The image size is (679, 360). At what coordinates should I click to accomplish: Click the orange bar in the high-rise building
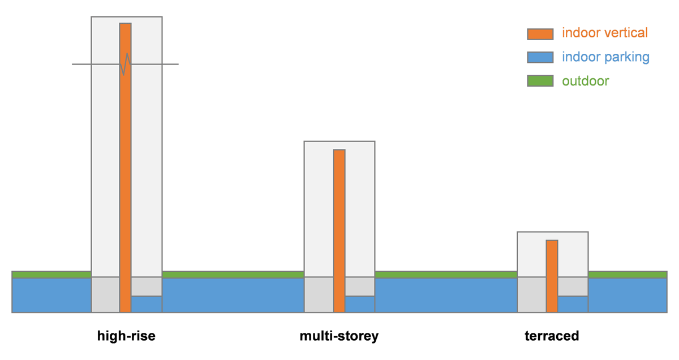click(x=125, y=170)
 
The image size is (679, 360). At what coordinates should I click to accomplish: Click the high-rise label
click(x=126, y=336)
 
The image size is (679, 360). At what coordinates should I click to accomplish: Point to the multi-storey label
click(x=339, y=336)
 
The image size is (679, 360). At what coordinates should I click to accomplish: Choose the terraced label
click(x=552, y=336)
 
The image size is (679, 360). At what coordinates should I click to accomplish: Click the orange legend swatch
click(x=540, y=34)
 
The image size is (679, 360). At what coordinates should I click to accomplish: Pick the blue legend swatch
click(x=540, y=57)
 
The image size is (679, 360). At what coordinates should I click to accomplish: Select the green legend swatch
click(x=540, y=81)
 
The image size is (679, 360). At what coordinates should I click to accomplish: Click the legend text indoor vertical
click(x=604, y=33)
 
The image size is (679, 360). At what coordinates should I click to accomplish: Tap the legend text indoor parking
click(x=605, y=57)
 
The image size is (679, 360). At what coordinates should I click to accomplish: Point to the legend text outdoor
click(x=585, y=81)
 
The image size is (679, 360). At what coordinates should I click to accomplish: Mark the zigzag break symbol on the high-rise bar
click(x=125, y=64)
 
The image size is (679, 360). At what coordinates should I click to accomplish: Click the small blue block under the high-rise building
click(x=147, y=304)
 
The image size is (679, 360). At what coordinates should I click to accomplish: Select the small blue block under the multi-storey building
click(x=360, y=304)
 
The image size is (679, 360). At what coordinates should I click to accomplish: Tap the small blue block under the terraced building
click(x=573, y=304)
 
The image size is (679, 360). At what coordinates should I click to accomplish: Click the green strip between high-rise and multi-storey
click(x=233, y=275)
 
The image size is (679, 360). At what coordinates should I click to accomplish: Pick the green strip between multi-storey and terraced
click(x=446, y=275)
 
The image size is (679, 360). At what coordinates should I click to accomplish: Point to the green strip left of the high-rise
click(x=51, y=275)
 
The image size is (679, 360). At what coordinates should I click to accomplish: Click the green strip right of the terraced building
click(x=628, y=275)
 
